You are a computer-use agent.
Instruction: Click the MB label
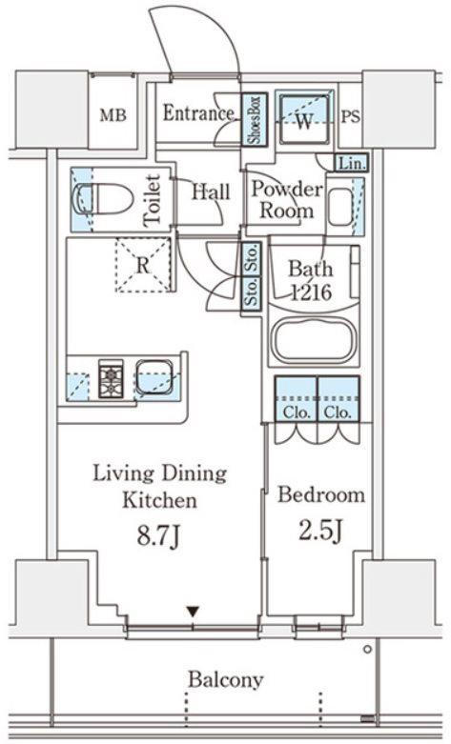click(113, 115)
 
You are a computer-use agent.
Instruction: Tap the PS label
click(351, 117)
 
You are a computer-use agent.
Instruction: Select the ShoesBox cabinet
click(255, 119)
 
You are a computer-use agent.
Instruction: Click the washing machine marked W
click(304, 119)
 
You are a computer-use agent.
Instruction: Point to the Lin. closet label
click(352, 164)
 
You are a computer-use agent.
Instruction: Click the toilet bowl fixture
click(102, 200)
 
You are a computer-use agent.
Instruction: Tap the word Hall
click(211, 191)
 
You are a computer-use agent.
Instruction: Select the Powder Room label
click(287, 200)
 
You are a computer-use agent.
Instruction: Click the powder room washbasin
click(340, 208)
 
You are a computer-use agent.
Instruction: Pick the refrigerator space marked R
click(143, 265)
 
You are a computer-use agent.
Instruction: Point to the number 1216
click(311, 292)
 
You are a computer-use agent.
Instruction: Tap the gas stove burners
click(111, 377)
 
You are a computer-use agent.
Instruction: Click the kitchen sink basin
click(154, 376)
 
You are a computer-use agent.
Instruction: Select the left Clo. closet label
click(297, 412)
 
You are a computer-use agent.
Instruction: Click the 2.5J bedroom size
click(321, 531)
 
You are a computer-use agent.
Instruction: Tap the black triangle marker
click(193, 613)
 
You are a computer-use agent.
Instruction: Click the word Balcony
click(225, 680)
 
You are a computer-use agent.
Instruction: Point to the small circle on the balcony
click(367, 650)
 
